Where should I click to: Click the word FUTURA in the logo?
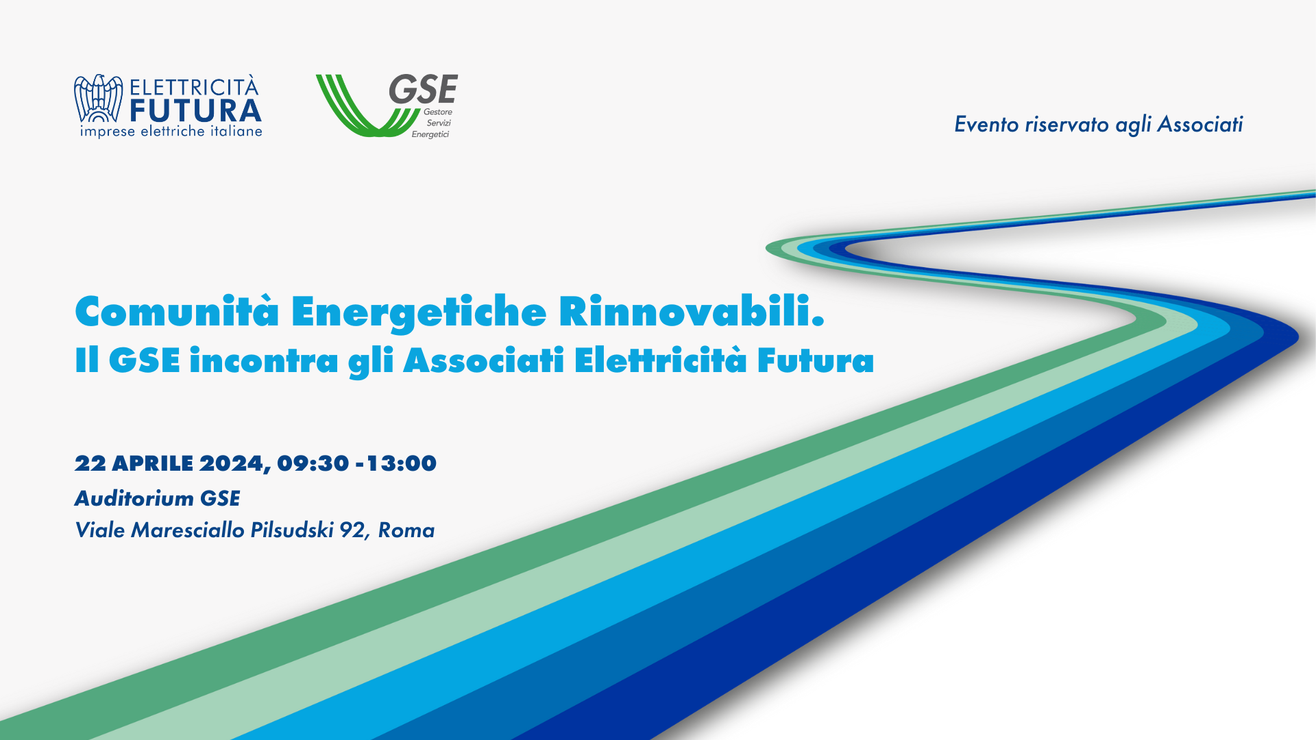tap(195, 111)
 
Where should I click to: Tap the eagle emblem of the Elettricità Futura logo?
tap(98, 99)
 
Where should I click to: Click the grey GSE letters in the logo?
tap(423, 90)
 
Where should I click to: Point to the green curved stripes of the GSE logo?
tap(356, 110)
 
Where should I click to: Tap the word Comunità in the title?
tap(177, 312)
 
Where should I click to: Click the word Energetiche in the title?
tap(418, 312)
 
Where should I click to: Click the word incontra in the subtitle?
tap(264, 360)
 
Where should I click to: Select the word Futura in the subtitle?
tap(815, 360)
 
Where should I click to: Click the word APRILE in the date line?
tap(152, 464)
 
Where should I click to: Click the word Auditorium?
tap(134, 498)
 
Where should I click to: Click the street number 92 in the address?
tap(352, 530)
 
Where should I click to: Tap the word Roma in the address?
tap(406, 530)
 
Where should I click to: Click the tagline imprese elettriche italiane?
tap(171, 132)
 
